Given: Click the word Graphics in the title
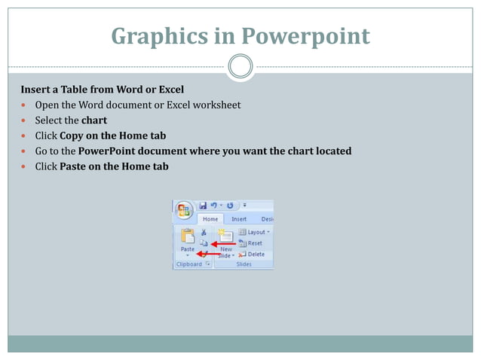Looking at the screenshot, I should tap(152, 35).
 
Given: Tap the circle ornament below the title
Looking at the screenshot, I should tap(240, 66).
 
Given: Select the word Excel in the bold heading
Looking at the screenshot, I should tap(168, 90).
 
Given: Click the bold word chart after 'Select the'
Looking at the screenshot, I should tap(94, 120).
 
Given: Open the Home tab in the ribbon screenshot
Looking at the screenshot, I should tap(210, 218).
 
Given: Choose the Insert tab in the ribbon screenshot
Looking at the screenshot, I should tap(239, 218).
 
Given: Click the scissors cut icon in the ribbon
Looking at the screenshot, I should tap(204, 233).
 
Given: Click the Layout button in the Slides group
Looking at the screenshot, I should tap(254, 232).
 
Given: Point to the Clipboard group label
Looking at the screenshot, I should tap(188, 265).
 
